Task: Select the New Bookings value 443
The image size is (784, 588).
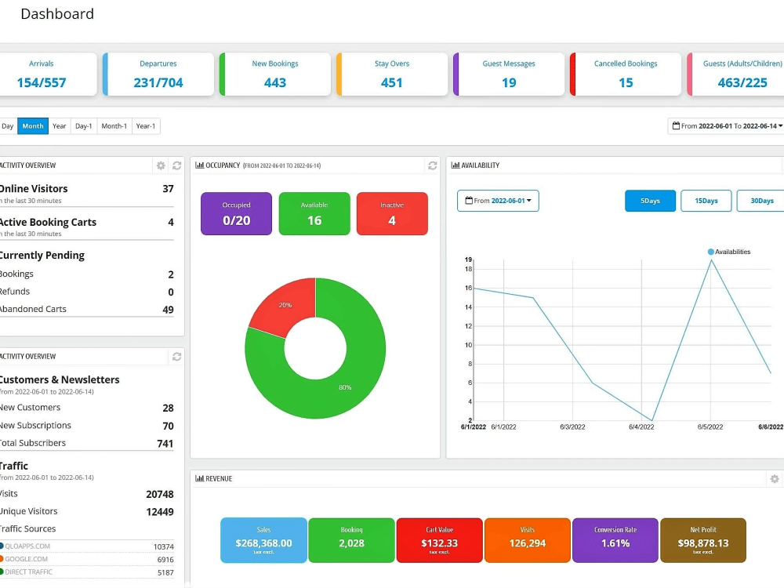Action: pos(274,82)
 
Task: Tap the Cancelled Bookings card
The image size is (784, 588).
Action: pos(626,74)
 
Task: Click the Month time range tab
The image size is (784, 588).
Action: pos(33,126)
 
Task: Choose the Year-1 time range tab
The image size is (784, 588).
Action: pos(145,126)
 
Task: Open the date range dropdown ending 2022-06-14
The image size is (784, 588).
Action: pos(727,126)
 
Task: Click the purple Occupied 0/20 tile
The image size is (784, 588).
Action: pos(236,213)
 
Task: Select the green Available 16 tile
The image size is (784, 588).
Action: pos(314,213)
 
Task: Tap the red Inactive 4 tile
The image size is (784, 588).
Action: pos(392,213)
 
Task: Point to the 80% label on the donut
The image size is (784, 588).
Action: pos(345,387)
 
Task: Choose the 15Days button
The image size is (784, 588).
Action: pos(706,201)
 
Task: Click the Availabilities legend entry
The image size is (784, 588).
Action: pos(729,252)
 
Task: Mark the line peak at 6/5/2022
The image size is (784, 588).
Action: pos(711,260)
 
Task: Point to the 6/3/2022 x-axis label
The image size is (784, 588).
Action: pos(572,427)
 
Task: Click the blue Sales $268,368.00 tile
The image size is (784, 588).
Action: pos(263,539)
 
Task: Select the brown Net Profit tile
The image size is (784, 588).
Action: pos(702,539)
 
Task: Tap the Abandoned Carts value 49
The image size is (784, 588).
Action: pos(168,310)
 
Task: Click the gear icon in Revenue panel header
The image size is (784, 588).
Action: pos(775,479)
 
